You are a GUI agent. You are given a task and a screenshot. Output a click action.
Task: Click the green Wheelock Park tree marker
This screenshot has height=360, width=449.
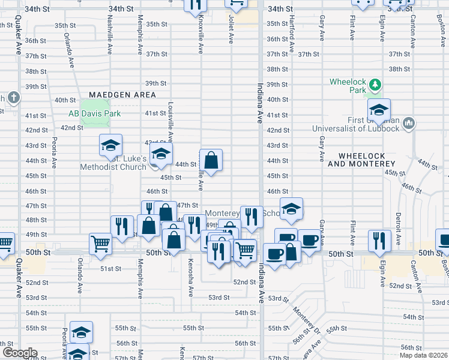(375, 85)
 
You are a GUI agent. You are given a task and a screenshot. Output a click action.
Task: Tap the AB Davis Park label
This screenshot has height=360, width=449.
(95, 113)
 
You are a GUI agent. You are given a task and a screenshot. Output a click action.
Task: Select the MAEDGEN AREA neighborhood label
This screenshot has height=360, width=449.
(122, 95)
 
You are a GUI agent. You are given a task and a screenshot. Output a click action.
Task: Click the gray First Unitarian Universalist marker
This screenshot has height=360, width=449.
(409, 123)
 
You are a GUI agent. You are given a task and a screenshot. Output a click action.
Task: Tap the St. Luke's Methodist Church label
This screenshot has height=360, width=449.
(114, 163)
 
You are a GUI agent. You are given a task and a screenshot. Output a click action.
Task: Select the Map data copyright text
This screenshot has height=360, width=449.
(423, 355)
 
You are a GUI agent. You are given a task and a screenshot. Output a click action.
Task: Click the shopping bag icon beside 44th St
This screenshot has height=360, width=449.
(211, 160)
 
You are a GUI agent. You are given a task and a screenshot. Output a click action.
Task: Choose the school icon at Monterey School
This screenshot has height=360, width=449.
(291, 209)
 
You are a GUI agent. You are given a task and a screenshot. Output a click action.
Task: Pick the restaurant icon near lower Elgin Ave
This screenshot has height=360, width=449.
(379, 241)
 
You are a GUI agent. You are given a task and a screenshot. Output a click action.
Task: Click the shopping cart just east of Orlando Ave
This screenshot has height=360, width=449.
(101, 244)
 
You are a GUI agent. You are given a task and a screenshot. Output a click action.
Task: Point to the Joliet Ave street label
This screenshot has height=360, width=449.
(231, 30)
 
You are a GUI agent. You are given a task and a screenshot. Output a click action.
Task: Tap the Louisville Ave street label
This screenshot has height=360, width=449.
(171, 119)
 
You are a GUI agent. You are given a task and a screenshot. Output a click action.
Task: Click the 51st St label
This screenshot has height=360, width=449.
(110, 268)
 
